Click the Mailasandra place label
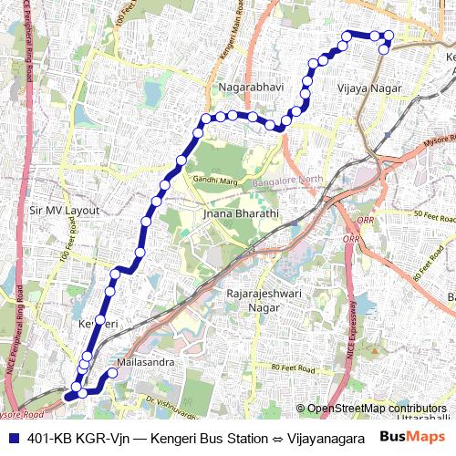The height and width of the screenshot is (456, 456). (139, 361)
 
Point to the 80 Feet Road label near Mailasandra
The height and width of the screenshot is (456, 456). (295, 368)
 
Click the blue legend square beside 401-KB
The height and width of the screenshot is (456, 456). (10, 437)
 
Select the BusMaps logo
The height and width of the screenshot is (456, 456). (413, 436)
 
